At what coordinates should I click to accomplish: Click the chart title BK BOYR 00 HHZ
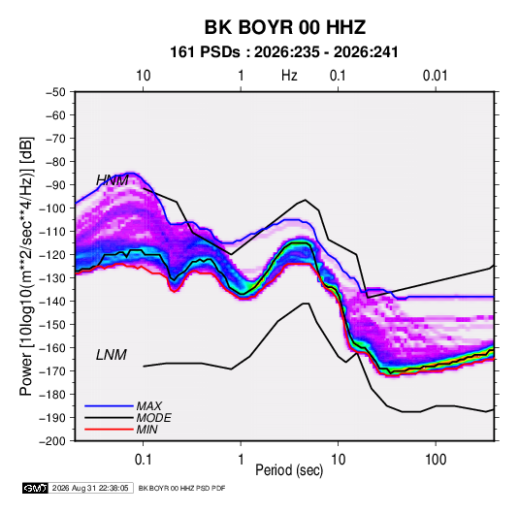285,27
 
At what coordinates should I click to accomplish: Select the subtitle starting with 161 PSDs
284,52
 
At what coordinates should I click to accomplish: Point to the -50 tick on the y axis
55,92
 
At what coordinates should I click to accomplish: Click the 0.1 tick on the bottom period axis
143,460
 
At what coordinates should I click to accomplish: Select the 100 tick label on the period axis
436,460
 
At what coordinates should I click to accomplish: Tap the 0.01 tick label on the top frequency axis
435,76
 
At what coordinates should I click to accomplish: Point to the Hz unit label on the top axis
289,76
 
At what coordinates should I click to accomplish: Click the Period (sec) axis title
289,470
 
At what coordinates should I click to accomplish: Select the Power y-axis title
26,266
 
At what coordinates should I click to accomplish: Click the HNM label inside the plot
113,180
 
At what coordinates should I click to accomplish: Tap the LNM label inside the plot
112,355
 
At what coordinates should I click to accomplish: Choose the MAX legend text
149,406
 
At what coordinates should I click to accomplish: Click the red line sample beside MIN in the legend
109,430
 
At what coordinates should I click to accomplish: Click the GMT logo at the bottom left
35,488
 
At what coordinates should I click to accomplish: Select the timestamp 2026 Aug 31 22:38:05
90,488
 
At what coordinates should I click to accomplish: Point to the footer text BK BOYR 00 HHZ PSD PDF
181,488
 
